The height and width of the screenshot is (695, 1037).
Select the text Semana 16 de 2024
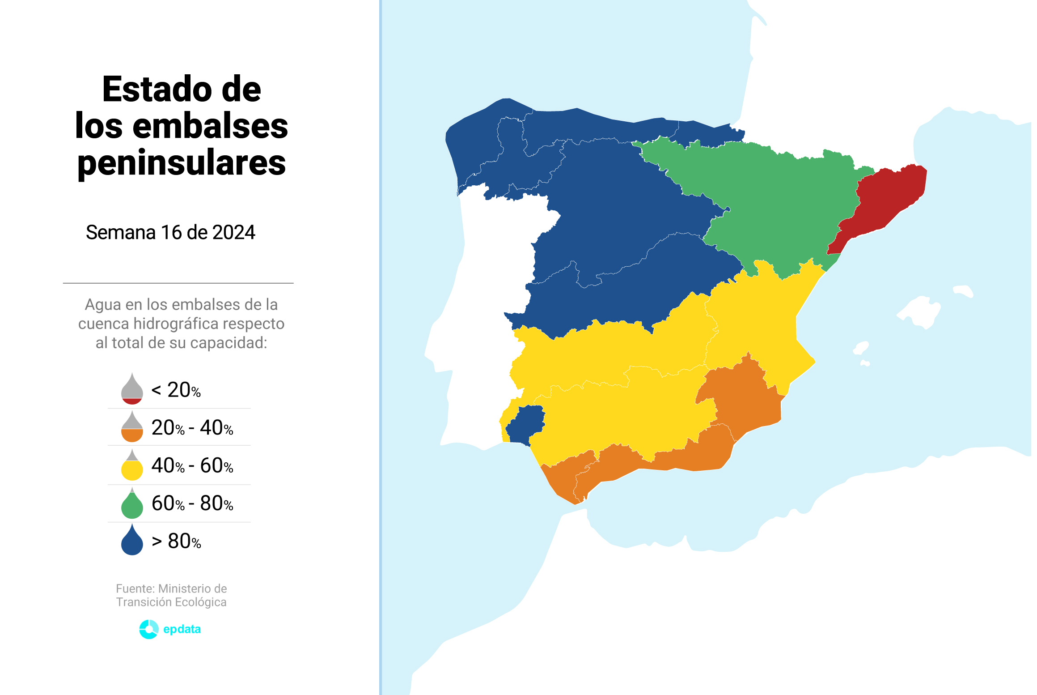[170, 232]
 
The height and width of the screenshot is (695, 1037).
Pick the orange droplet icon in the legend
[132, 428]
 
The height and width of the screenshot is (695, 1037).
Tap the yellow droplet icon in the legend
[132, 466]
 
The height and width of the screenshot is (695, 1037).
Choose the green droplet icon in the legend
[132, 504]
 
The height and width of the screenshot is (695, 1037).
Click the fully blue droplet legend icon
[132, 541]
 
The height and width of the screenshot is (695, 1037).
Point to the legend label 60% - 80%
[192, 503]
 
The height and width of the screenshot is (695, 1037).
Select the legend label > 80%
[176, 542]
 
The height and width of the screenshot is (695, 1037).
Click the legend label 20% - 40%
[192, 428]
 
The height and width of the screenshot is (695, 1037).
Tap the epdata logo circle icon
[148, 629]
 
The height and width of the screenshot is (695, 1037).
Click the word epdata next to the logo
[182, 629]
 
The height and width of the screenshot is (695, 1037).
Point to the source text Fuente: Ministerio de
[171, 588]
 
